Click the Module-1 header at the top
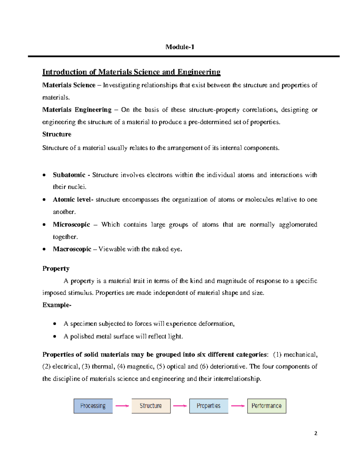(x=180, y=47)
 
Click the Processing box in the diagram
(x=93, y=406)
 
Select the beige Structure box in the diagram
(x=151, y=406)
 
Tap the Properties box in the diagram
(x=208, y=406)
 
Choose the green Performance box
(x=266, y=406)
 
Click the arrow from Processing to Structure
(x=122, y=406)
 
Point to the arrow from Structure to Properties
(x=180, y=406)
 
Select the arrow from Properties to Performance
(x=238, y=406)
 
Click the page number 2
(x=316, y=433)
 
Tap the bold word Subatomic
(x=69, y=175)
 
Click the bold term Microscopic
(x=71, y=224)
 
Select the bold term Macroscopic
(x=72, y=249)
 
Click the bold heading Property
(x=56, y=269)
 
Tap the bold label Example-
(x=57, y=305)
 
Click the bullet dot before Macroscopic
(x=44, y=249)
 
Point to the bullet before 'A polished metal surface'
(x=55, y=336)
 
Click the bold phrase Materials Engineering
(x=77, y=110)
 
